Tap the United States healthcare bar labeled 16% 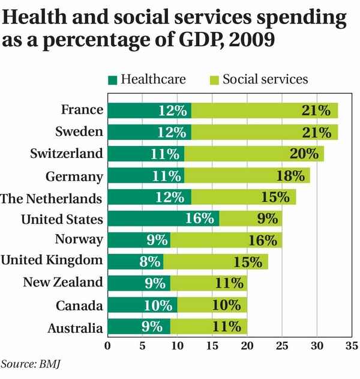pos(163,219)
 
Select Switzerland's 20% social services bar pos(254,153)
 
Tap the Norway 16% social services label pos(262,240)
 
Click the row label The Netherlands pos(52,197)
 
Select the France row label pos(82,110)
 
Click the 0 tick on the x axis pos(108,347)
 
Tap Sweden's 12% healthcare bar pos(149,132)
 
